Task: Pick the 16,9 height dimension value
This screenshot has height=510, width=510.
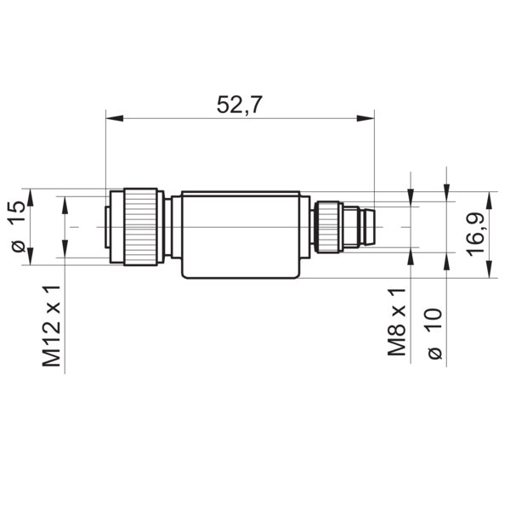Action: pos(475,234)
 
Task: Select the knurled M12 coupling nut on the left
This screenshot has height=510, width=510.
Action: pos(139,226)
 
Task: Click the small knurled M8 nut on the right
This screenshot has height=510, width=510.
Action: pos(327,226)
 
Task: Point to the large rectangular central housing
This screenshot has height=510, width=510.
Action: pos(241,235)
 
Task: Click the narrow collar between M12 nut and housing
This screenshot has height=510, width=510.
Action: pos(169,227)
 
